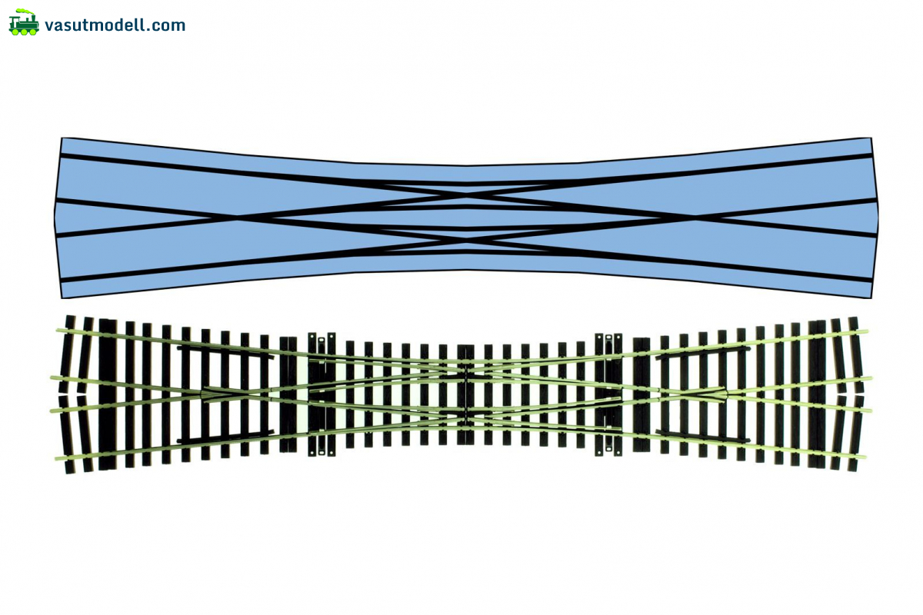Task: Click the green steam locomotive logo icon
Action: [x=24, y=26]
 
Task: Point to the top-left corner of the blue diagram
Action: [x=62, y=138]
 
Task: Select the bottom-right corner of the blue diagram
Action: [x=871, y=298]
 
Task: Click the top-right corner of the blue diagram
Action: [x=870, y=138]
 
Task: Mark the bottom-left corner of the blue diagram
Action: [x=62, y=298]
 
